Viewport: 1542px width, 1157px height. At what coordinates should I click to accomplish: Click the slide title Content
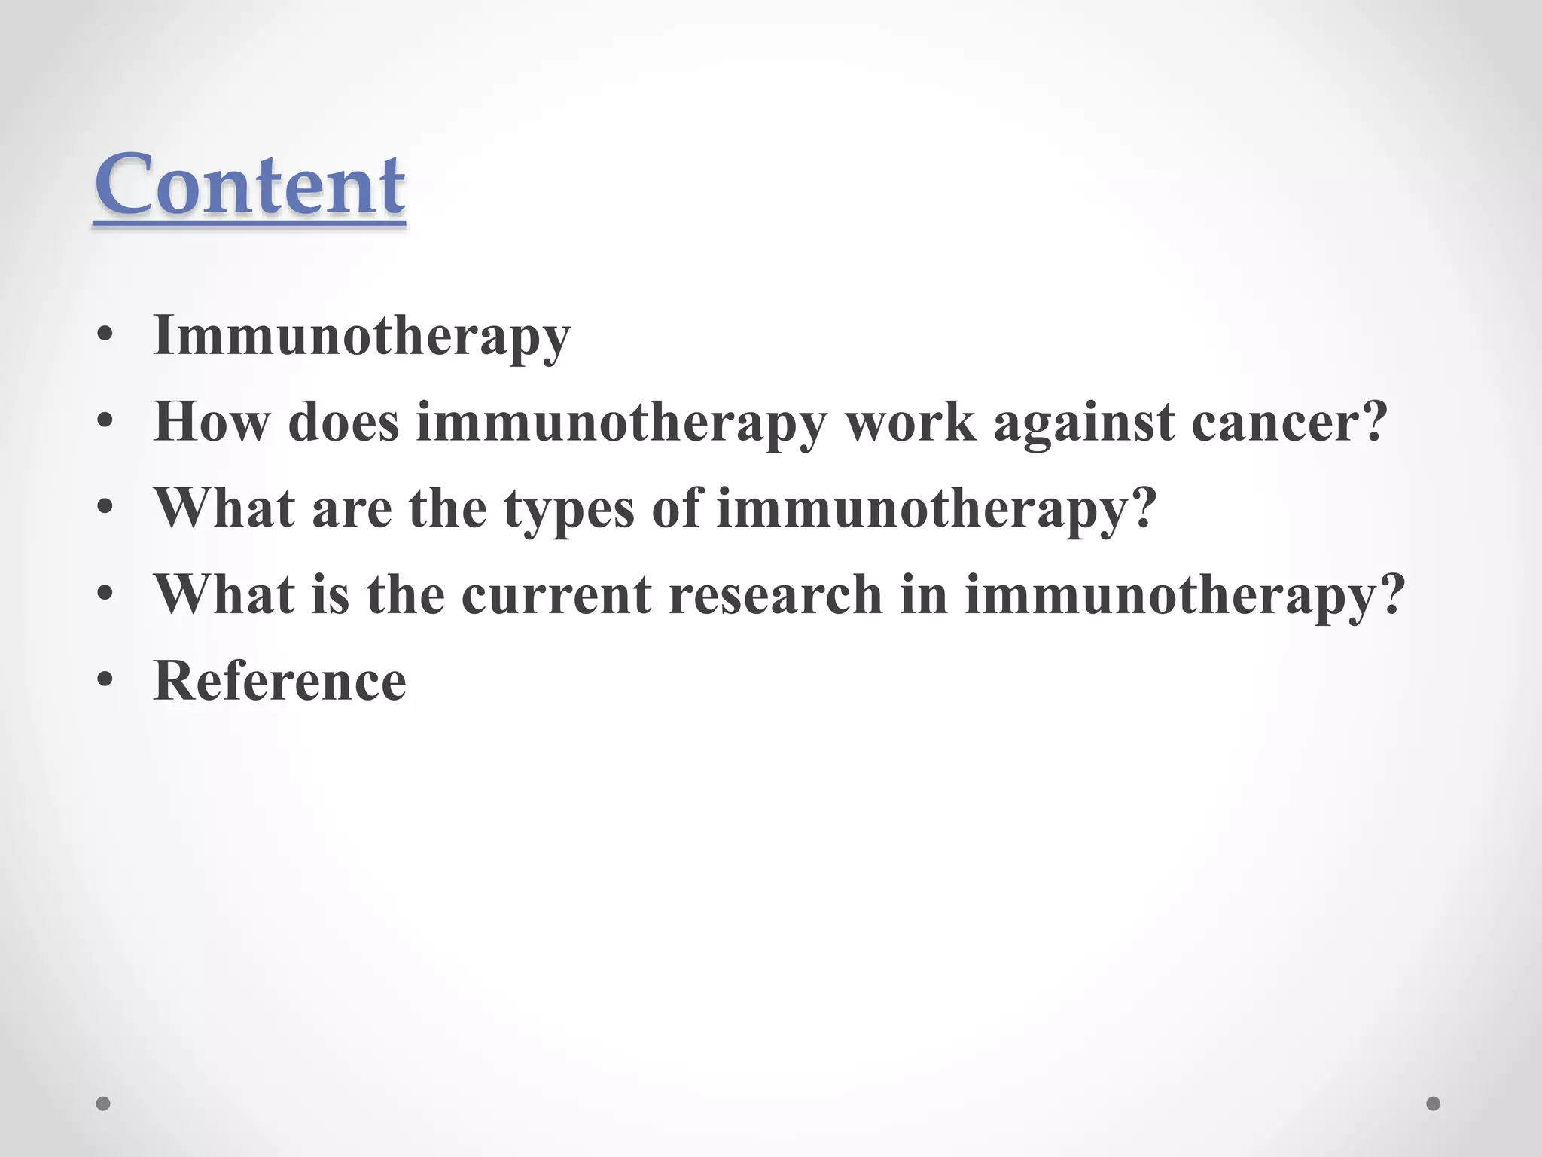tap(249, 185)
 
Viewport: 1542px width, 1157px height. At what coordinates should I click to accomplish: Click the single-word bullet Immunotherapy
tap(362, 336)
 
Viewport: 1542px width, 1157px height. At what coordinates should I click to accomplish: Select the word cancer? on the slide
tap(1289, 422)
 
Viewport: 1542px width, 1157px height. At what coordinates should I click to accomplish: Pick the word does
tap(343, 422)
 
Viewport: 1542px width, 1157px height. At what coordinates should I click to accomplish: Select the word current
tap(556, 595)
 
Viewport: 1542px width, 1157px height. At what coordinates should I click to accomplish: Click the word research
tap(775, 595)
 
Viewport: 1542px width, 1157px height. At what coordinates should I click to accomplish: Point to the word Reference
tap(279, 681)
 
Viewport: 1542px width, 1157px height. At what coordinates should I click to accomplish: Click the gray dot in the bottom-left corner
tap(103, 1104)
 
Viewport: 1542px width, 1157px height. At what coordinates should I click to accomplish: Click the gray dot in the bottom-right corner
tap(1434, 1104)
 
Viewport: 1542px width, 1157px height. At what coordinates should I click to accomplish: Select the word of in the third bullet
tap(675, 508)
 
